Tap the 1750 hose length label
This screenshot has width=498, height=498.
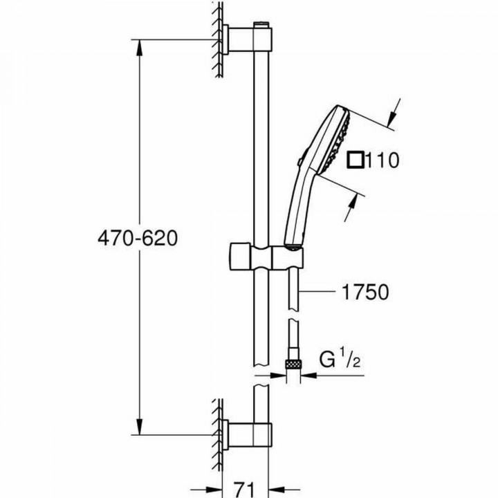pos(364,293)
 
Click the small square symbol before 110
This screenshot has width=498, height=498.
pos(356,160)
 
